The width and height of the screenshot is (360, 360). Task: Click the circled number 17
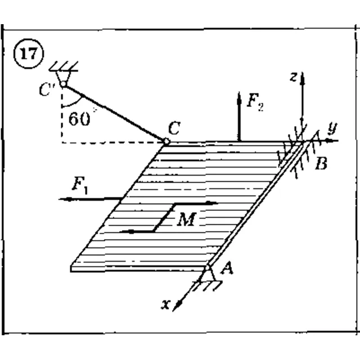(x=29, y=54)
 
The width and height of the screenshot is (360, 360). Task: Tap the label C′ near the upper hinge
(x=47, y=89)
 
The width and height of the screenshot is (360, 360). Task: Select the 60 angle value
(x=79, y=119)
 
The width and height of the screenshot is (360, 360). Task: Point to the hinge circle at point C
(x=166, y=141)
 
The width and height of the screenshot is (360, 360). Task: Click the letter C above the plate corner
(x=174, y=128)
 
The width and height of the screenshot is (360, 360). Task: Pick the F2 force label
(x=255, y=102)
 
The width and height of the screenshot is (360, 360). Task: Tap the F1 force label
(x=80, y=185)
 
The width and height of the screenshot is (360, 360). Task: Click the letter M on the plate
(x=187, y=219)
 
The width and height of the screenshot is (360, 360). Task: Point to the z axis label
(x=294, y=77)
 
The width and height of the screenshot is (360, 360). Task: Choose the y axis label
(x=332, y=127)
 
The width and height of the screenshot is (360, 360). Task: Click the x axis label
(x=166, y=304)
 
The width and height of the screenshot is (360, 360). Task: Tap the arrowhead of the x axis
(x=177, y=306)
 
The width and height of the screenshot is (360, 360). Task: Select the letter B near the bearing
(x=321, y=163)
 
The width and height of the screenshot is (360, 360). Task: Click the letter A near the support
(x=227, y=268)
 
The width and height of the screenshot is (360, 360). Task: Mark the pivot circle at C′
(x=64, y=84)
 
